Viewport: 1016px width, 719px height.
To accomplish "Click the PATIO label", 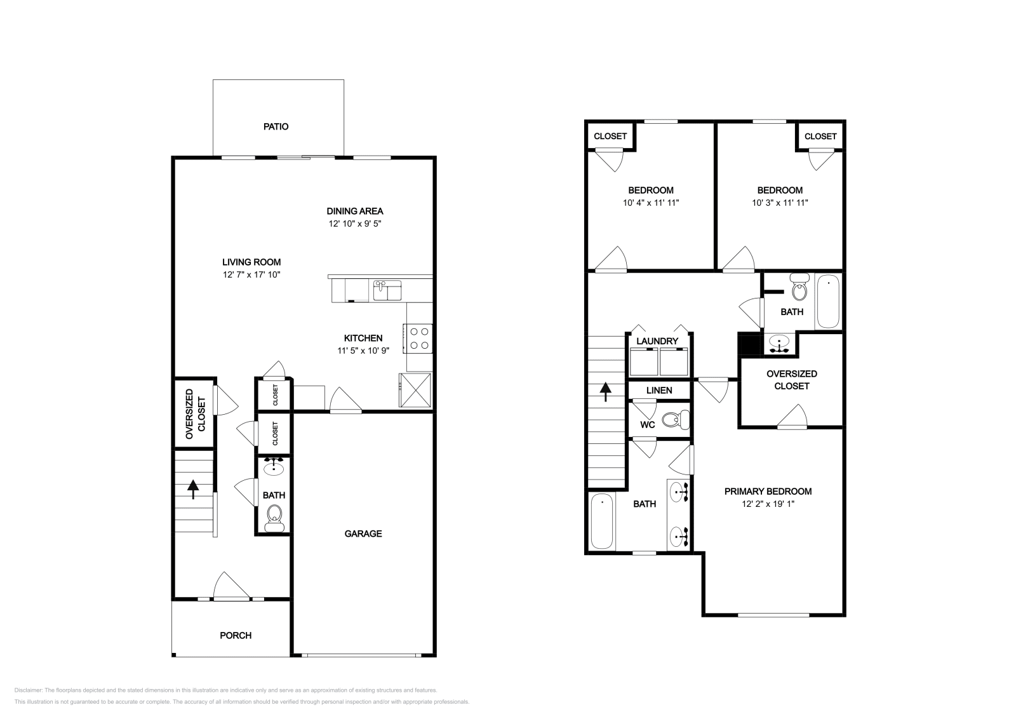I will click(276, 126).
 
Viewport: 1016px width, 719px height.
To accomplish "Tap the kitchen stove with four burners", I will click(418, 338).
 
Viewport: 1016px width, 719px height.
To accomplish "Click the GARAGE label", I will click(363, 534).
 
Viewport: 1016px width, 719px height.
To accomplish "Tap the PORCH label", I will click(236, 635).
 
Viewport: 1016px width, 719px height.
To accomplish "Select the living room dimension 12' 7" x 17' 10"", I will click(251, 274).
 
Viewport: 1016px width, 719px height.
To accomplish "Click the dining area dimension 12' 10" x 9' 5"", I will click(354, 224).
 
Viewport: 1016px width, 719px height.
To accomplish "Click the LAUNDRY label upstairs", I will click(657, 341).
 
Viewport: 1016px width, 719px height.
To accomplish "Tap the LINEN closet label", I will click(659, 390).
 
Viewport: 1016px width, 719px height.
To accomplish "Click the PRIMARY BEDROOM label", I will click(768, 491).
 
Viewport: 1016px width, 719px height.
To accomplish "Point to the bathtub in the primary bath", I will click(601, 522).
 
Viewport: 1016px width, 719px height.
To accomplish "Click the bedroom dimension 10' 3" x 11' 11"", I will click(779, 203).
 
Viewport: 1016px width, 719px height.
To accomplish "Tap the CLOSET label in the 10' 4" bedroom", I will click(610, 136).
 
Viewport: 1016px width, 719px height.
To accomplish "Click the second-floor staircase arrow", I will click(605, 391).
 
